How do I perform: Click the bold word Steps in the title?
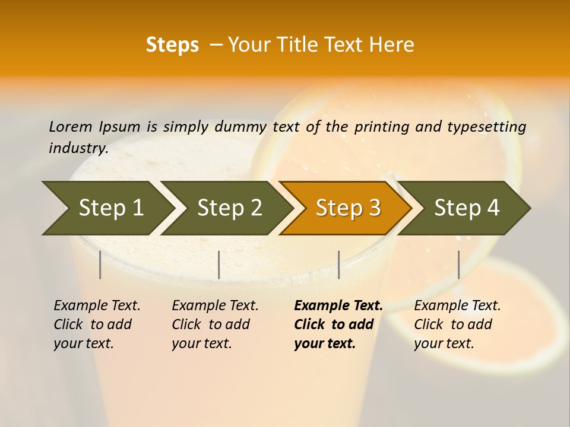(172, 45)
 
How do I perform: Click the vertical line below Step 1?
(100, 265)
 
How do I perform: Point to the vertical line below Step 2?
(219, 265)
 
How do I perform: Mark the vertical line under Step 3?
(338, 265)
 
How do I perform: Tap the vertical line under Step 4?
(458, 265)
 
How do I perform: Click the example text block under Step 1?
(97, 324)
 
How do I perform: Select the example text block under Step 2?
(215, 324)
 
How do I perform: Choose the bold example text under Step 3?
(338, 324)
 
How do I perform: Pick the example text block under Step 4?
(457, 324)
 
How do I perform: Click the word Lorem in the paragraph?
(71, 126)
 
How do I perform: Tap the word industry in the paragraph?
(78, 148)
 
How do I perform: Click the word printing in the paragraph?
(382, 127)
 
